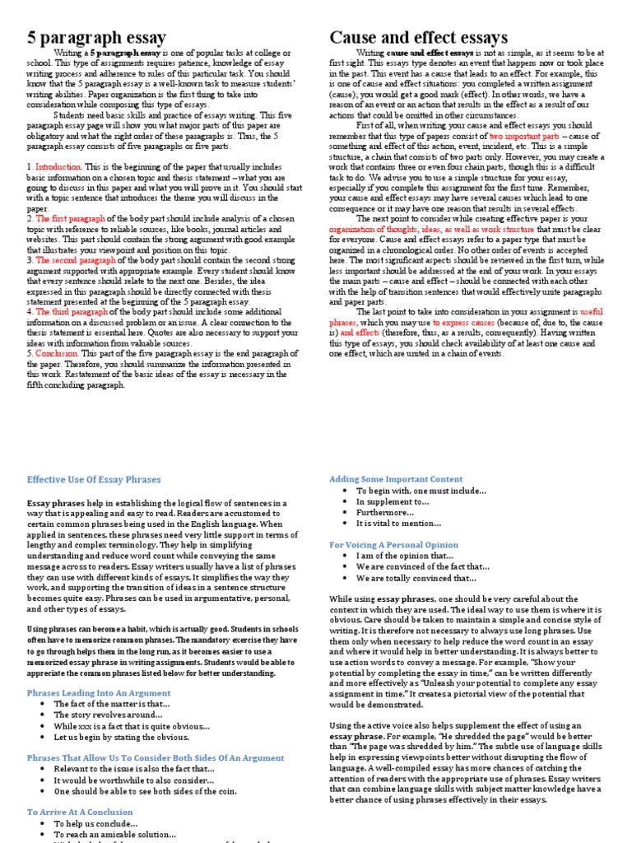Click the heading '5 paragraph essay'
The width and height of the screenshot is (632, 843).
97,37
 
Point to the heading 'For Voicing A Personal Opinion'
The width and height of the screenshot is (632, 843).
394,544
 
